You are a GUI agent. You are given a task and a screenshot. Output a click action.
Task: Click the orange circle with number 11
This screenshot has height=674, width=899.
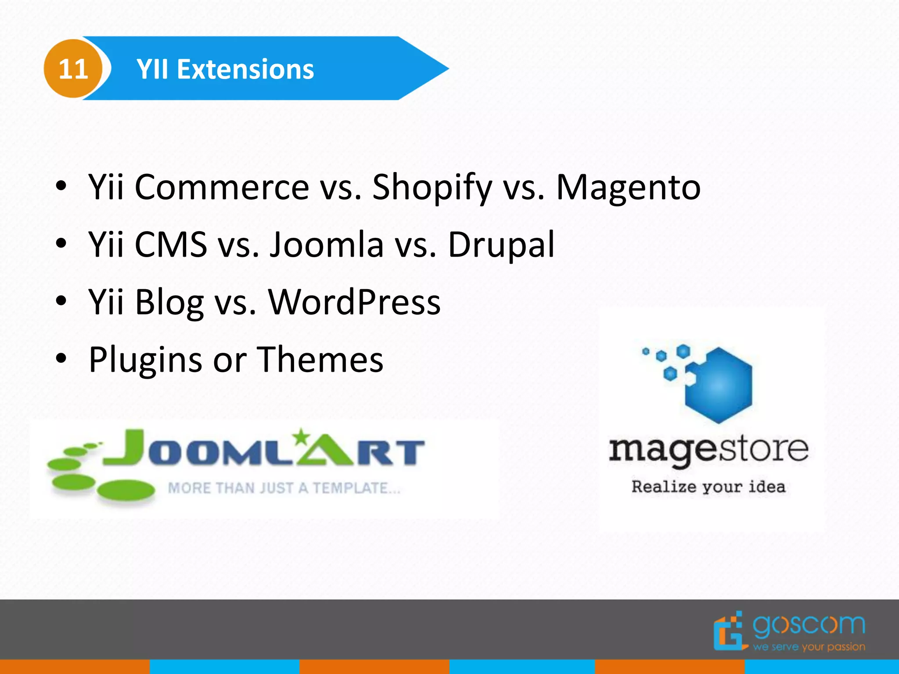[73, 69]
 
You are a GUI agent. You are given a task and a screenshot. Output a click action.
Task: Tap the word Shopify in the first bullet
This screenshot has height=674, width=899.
[432, 188]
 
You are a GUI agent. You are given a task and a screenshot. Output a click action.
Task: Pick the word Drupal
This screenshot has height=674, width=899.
[501, 245]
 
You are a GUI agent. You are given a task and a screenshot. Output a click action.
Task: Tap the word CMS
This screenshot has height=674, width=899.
[171, 244]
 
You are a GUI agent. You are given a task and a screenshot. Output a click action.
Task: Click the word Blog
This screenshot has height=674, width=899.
[169, 303]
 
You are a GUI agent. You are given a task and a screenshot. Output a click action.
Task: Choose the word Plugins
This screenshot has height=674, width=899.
[145, 360]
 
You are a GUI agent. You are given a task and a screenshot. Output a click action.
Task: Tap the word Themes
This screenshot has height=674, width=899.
[320, 359]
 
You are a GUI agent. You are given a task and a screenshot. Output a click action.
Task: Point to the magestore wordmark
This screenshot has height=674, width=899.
[708, 450]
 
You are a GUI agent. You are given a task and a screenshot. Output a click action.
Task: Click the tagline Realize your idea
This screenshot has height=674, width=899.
[708, 487]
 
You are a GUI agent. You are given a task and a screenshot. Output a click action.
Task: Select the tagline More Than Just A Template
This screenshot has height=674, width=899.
[284, 488]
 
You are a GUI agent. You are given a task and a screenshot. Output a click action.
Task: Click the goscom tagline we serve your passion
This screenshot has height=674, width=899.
[809, 647]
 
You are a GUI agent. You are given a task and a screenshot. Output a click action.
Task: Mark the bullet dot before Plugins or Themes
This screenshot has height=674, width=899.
[61, 359]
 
